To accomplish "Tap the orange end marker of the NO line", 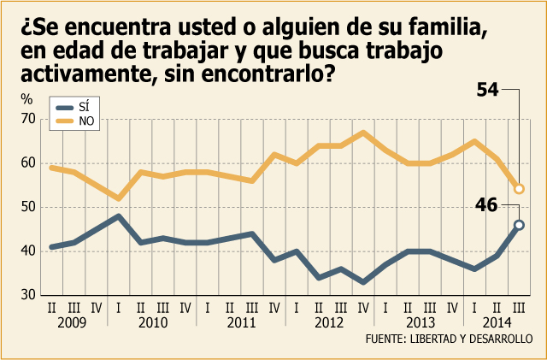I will [x=519, y=189].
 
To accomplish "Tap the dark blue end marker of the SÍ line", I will [x=519, y=225].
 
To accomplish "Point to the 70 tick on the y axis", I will [x=27, y=119].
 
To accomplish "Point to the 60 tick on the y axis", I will [x=27, y=163].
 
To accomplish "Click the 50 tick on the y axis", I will [x=27, y=207].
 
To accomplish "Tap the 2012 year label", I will [x=328, y=323].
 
